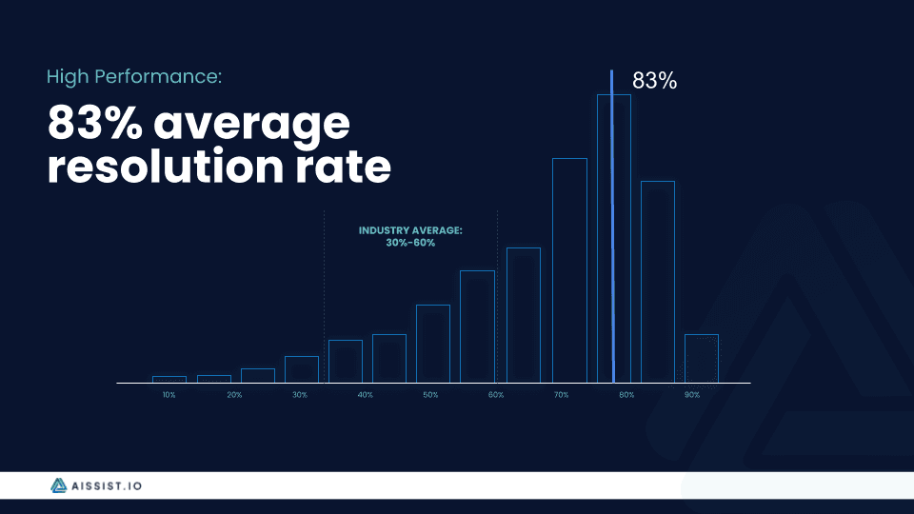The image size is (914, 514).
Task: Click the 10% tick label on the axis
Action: pyautogui.click(x=169, y=395)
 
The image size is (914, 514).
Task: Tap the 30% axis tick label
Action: pyautogui.click(x=300, y=395)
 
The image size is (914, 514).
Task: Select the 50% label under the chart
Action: pyautogui.click(x=430, y=395)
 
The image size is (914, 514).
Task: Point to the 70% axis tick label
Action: pyautogui.click(x=562, y=395)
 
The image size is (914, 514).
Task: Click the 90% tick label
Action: pyautogui.click(x=692, y=395)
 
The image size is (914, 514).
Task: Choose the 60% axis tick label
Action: pyautogui.click(x=496, y=395)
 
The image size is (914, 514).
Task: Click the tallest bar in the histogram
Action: pyautogui.click(x=599, y=239)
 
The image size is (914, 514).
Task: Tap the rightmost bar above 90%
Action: pyautogui.click(x=686, y=359)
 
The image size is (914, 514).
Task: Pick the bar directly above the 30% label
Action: pyautogui.click(x=286, y=369)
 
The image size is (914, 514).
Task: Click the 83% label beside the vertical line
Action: pyautogui.click(x=655, y=81)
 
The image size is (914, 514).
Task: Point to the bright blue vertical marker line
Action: pyautogui.click(x=612, y=227)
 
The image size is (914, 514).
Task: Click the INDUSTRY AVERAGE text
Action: pyautogui.click(x=410, y=230)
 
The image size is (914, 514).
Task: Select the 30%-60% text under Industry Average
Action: pyautogui.click(x=410, y=243)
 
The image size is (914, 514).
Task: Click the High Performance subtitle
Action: pyautogui.click(x=134, y=77)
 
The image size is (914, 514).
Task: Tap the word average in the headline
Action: pyautogui.click(x=251, y=124)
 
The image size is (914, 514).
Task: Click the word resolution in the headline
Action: pyautogui.click(x=166, y=166)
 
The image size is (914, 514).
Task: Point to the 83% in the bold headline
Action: pyautogui.click(x=94, y=123)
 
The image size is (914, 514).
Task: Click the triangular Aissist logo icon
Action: pyautogui.click(x=58, y=485)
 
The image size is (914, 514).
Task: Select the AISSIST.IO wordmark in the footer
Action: pyautogui.click(x=107, y=486)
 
